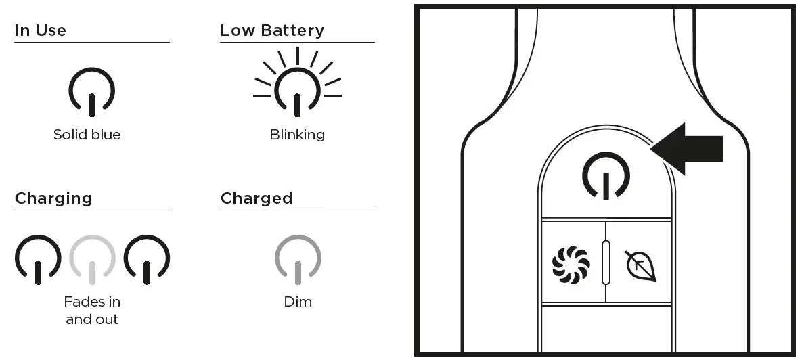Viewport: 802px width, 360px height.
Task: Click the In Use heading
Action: point(40,30)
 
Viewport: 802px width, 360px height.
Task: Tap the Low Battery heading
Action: point(272,30)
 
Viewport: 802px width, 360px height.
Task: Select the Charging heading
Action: point(53,198)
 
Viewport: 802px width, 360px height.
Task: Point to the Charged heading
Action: point(257,198)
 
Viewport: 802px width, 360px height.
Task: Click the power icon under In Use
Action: point(92,91)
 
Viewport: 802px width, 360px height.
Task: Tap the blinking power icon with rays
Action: point(297,91)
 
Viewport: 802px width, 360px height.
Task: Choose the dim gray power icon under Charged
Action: point(298,258)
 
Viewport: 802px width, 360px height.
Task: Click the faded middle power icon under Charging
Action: point(92,258)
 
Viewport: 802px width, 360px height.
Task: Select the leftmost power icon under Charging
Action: point(38,258)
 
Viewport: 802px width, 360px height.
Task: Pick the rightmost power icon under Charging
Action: point(147,258)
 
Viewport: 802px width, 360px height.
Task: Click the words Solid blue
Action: point(87,135)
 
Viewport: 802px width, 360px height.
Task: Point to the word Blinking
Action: point(297,135)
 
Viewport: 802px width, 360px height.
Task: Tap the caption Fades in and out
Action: point(92,310)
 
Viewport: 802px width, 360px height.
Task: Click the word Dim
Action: point(298,302)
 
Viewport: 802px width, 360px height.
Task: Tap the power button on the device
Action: point(606,175)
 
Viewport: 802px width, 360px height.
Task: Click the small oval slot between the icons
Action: point(606,261)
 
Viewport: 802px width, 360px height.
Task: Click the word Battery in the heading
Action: point(293,30)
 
